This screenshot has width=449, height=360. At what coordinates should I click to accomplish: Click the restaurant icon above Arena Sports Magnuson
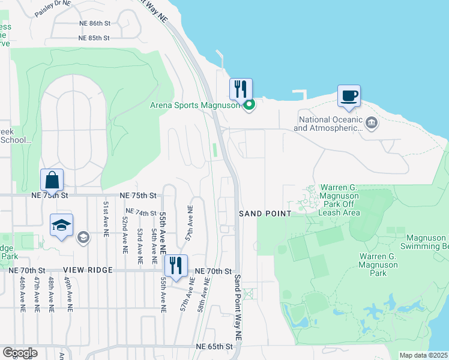coord(241,89)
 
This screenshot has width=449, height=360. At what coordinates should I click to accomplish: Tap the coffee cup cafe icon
coord(349,95)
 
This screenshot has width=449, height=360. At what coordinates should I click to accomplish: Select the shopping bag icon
coord(52,179)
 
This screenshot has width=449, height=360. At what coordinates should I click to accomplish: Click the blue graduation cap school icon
coord(61,224)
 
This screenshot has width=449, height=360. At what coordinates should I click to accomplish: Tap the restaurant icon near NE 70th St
coord(176,265)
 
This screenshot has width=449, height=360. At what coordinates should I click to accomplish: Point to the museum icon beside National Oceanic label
coord(372,124)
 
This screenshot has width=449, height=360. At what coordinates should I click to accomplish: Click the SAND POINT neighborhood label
coord(265,214)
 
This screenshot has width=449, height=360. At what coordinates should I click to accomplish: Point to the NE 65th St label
coord(214,347)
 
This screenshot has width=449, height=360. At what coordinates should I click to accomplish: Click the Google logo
coord(20,353)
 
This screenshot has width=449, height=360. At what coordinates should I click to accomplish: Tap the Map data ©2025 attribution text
coord(423,355)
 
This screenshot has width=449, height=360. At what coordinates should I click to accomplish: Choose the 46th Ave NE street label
coord(22,295)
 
